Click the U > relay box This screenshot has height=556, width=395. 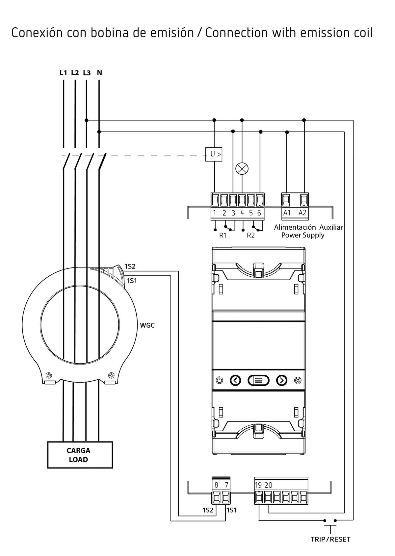(214, 154)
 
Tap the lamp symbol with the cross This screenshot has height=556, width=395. (242, 169)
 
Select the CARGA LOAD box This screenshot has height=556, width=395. (80, 455)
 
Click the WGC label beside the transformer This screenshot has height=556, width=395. (147, 325)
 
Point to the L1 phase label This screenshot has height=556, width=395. (63, 73)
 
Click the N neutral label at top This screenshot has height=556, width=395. (99, 73)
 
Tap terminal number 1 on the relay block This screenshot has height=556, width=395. (215, 213)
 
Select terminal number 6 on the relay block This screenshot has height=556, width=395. (259, 213)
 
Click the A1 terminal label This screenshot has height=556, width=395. (287, 213)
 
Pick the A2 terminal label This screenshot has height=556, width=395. (303, 213)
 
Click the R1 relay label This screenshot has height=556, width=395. (223, 235)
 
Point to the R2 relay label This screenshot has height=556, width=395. (250, 235)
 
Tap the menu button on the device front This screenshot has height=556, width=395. (258, 380)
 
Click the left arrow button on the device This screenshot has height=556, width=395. (235, 380)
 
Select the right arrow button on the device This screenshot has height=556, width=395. (281, 380)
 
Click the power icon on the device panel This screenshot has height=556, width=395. (220, 380)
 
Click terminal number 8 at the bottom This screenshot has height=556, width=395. (217, 485)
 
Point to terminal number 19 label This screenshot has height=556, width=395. (258, 485)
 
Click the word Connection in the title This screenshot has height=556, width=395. (237, 33)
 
